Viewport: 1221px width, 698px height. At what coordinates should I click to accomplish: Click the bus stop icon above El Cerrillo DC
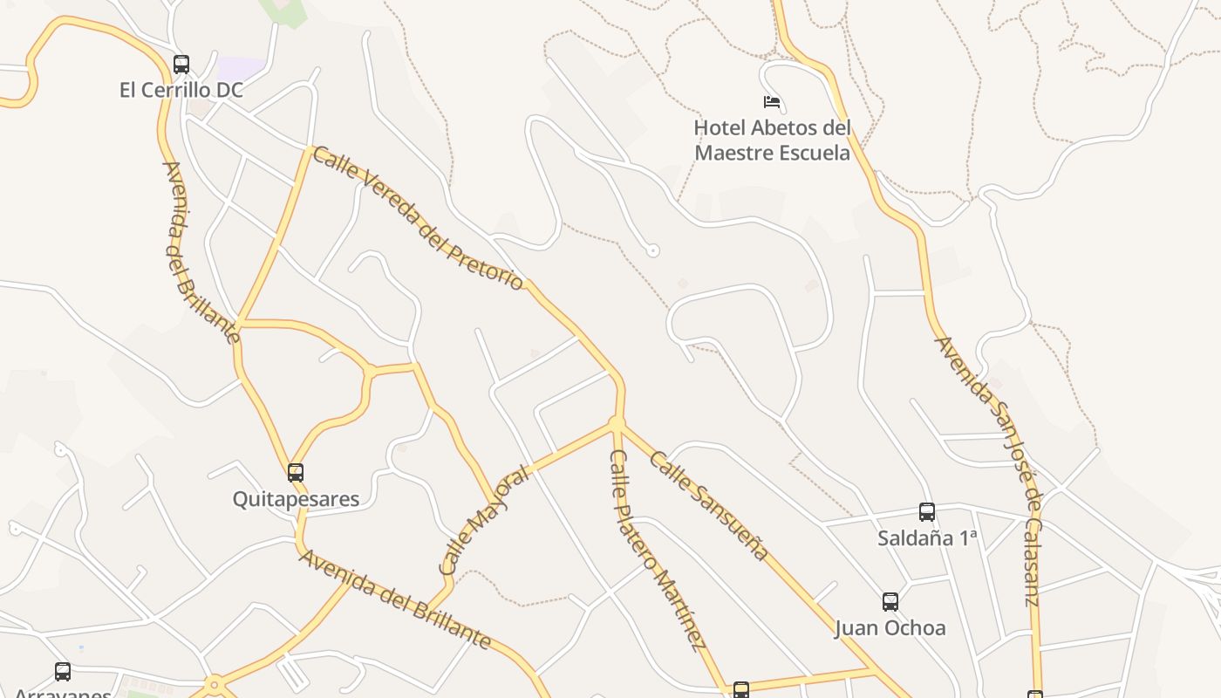(x=181, y=64)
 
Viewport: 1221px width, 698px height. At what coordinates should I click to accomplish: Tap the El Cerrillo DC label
(x=181, y=90)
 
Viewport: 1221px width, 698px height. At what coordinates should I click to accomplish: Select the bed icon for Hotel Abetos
(x=772, y=102)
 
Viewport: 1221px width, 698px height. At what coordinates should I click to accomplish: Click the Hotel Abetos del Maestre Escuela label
(x=772, y=140)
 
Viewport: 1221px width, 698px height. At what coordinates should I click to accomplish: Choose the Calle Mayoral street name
(x=484, y=521)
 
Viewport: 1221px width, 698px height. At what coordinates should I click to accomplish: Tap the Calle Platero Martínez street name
(x=658, y=551)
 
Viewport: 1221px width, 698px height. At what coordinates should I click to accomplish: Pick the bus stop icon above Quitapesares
(x=296, y=473)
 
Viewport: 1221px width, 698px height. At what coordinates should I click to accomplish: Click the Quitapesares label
(x=296, y=499)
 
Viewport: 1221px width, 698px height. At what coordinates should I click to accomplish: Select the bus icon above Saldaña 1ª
(x=927, y=512)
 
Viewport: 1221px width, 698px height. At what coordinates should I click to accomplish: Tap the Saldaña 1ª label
(x=927, y=538)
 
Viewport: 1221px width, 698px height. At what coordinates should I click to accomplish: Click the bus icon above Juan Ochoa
(x=890, y=601)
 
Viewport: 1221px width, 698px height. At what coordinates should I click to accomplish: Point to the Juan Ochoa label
(x=890, y=628)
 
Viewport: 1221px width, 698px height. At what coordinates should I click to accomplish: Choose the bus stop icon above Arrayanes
(x=63, y=671)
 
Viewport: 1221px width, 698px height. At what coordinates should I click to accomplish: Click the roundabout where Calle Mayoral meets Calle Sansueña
(x=617, y=424)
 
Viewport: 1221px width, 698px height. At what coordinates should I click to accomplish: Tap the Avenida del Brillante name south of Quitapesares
(x=395, y=599)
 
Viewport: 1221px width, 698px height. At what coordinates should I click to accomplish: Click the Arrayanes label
(x=63, y=693)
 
